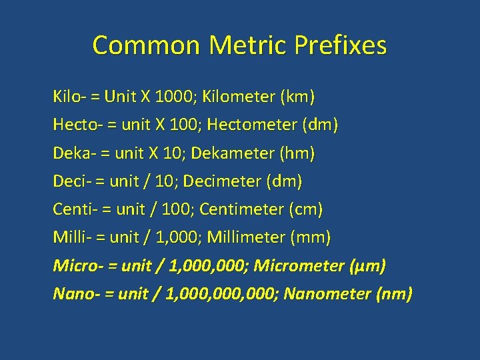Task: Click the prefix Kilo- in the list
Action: (69, 97)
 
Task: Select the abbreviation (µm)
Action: (367, 266)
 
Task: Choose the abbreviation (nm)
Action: (395, 294)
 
